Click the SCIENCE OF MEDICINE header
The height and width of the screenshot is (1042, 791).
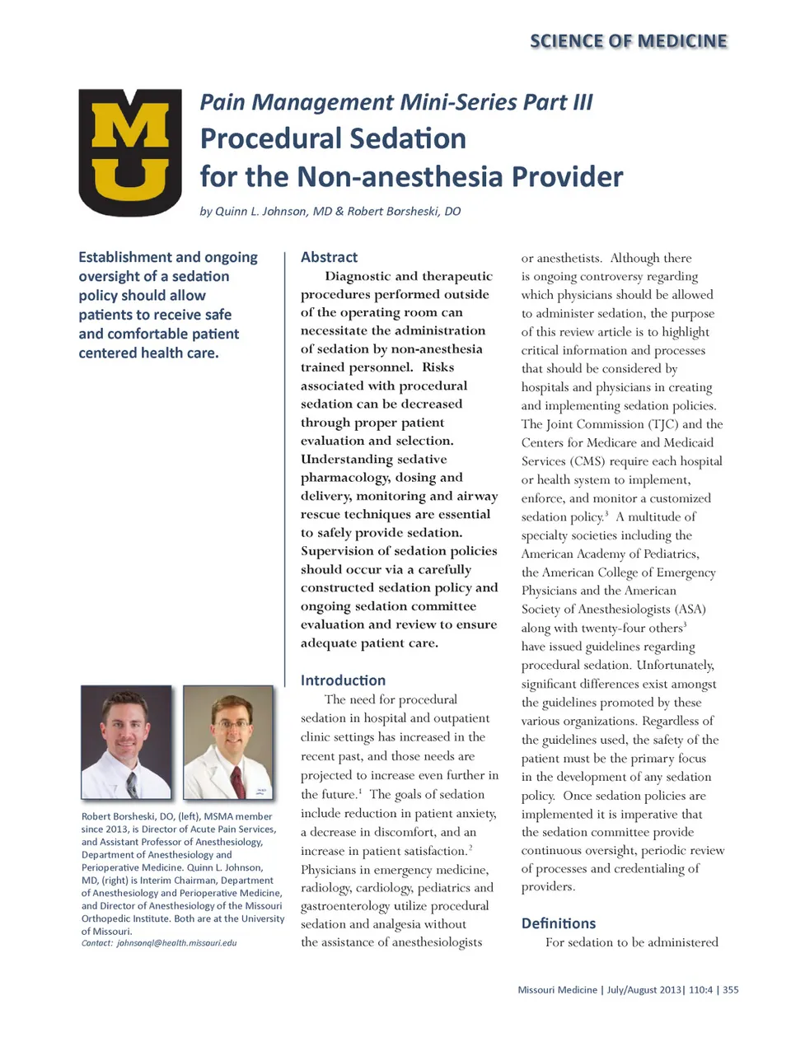(628, 41)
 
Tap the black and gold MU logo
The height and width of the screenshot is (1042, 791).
(130, 152)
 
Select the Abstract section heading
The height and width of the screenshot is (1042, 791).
(329, 257)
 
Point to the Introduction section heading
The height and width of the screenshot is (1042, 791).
(343, 680)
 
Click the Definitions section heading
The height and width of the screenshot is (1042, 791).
(558, 923)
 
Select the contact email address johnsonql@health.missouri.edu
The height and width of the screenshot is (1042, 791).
(176, 943)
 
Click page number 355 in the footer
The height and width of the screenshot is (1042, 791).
(730, 990)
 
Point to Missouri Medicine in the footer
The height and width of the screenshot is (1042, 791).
(557, 990)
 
